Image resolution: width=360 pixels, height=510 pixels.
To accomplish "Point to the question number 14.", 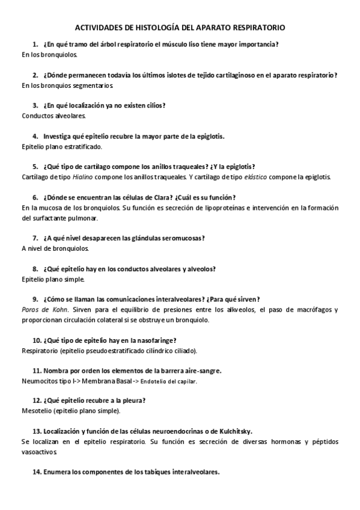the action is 36,472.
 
